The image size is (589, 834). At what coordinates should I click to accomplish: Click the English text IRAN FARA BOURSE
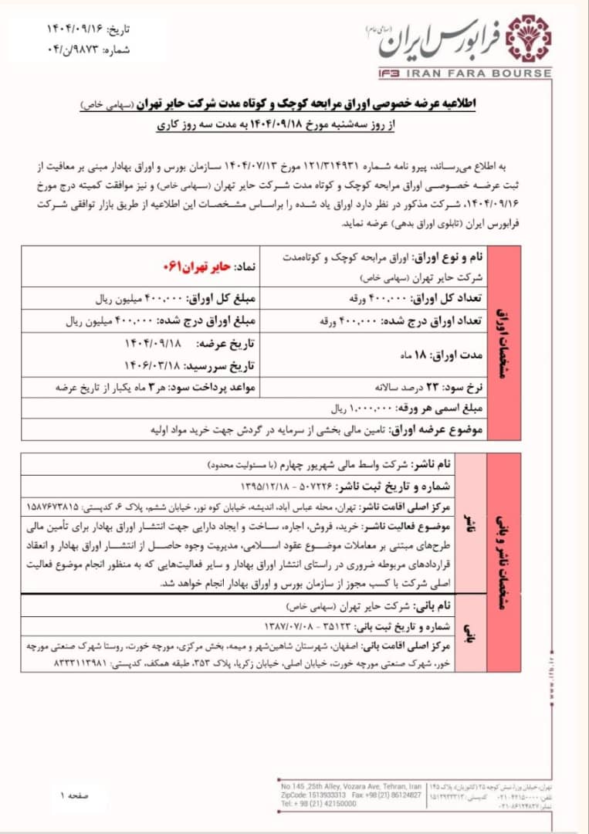[479, 73]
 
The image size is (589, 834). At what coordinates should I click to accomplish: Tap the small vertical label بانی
[469, 635]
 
